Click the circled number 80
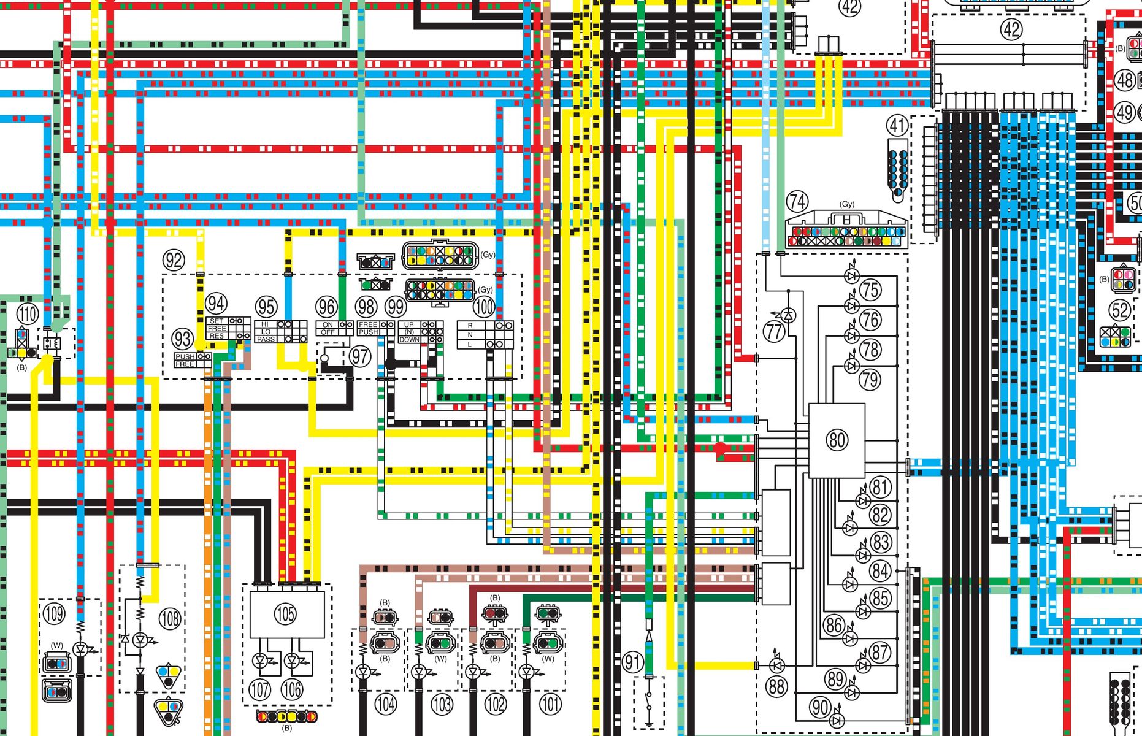837,440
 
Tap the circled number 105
285,613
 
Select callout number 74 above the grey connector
797,201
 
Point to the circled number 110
27,314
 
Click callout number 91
633,662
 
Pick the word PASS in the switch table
266,339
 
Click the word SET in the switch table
217,321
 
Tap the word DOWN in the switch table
409,339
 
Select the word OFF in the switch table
328,332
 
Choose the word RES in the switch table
217,335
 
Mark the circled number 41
897,126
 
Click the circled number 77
774,332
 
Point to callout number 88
776,686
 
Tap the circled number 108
170,619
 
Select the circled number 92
174,260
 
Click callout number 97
360,356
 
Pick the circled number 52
1120,310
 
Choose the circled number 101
550,703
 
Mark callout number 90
821,707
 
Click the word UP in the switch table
409,324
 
